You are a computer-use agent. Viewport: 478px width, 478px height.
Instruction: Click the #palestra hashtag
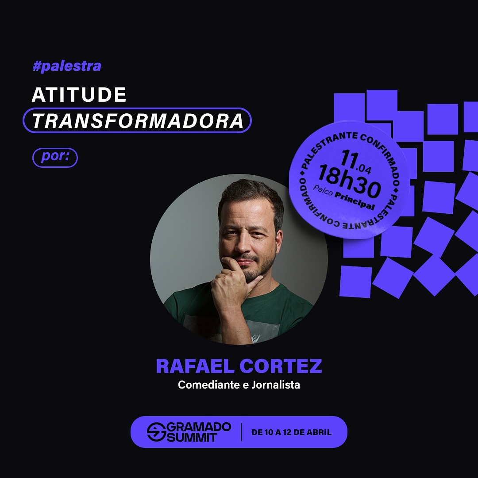point(67,66)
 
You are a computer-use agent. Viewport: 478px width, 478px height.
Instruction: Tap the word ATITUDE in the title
point(79,95)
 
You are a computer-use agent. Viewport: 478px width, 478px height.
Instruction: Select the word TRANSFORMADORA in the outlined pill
point(138,120)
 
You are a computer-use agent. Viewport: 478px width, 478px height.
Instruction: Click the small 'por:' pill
point(55,157)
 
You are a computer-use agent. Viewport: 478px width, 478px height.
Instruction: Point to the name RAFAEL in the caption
point(195,366)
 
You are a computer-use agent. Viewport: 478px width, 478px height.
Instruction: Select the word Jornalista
point(276,385)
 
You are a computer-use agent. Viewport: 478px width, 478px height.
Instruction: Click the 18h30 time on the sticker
point(349,182)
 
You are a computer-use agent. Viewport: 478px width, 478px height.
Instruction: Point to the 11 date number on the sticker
point(349,158)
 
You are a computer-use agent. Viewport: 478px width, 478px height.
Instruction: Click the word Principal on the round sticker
point(355,200)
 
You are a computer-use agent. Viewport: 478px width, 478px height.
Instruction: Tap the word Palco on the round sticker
point(323,190)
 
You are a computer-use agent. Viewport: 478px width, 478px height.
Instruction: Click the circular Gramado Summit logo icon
point(156,432)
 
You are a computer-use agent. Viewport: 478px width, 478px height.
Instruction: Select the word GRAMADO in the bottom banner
point(199,427)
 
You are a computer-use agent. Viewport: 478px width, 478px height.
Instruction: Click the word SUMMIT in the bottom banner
point(192,437)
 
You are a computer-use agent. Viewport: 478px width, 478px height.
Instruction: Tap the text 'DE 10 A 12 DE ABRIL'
point(291,432)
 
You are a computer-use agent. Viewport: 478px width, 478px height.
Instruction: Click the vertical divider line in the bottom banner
point(241,432)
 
